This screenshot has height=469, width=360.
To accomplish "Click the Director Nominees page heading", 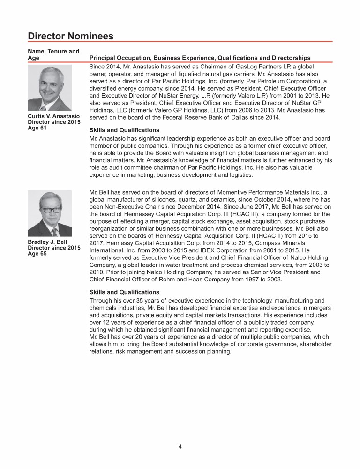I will [x=70, y=36].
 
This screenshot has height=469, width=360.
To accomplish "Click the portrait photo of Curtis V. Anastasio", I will [x=50, y=88].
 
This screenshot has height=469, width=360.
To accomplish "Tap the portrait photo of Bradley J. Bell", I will [x=50, y=213].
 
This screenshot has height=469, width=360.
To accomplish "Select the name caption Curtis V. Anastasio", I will [x=54, y=116].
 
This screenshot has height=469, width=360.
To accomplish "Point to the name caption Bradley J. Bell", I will [x=48, y=242].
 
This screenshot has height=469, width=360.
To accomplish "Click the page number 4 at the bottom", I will [x=180, y=446].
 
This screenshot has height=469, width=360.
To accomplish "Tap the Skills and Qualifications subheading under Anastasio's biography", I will [x=124, y=130].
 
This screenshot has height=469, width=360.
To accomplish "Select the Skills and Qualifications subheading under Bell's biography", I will [x=124, y=292].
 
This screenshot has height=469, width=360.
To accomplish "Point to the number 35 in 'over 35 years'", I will [x=141, y=301].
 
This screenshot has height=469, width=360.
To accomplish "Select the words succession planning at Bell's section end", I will [x=204, y=351].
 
